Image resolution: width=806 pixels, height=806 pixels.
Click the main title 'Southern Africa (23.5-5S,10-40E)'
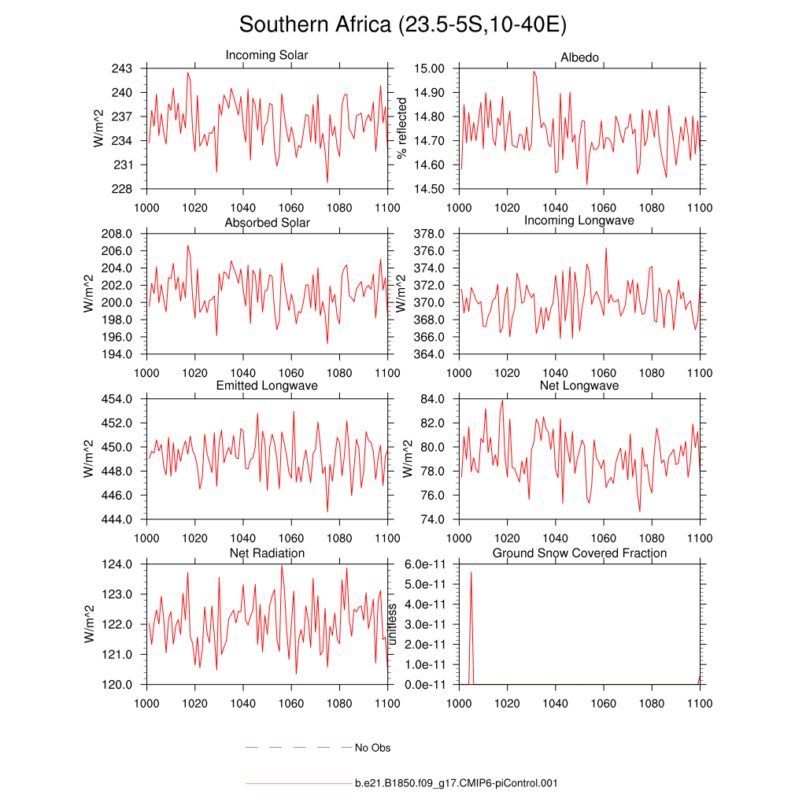403,24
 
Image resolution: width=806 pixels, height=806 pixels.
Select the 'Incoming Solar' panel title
267,55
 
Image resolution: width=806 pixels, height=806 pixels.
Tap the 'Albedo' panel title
579,58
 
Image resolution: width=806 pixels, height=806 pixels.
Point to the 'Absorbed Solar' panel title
267,223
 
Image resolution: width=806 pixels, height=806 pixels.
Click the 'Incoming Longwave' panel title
579,220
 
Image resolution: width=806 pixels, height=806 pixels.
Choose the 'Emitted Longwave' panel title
267,386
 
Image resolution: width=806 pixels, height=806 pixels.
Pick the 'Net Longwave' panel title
579,386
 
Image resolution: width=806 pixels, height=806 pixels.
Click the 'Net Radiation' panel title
267,553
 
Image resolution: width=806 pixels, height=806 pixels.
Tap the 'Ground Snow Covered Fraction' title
579,553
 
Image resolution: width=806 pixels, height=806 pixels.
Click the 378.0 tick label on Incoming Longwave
431,234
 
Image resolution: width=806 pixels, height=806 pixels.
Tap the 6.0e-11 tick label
427,564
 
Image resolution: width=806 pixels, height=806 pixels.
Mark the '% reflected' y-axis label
403,128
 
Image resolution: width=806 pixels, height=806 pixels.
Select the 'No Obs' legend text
372,748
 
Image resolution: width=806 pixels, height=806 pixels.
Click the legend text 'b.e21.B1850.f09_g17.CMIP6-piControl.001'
457,783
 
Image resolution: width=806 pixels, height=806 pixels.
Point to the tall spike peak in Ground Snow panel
471,572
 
